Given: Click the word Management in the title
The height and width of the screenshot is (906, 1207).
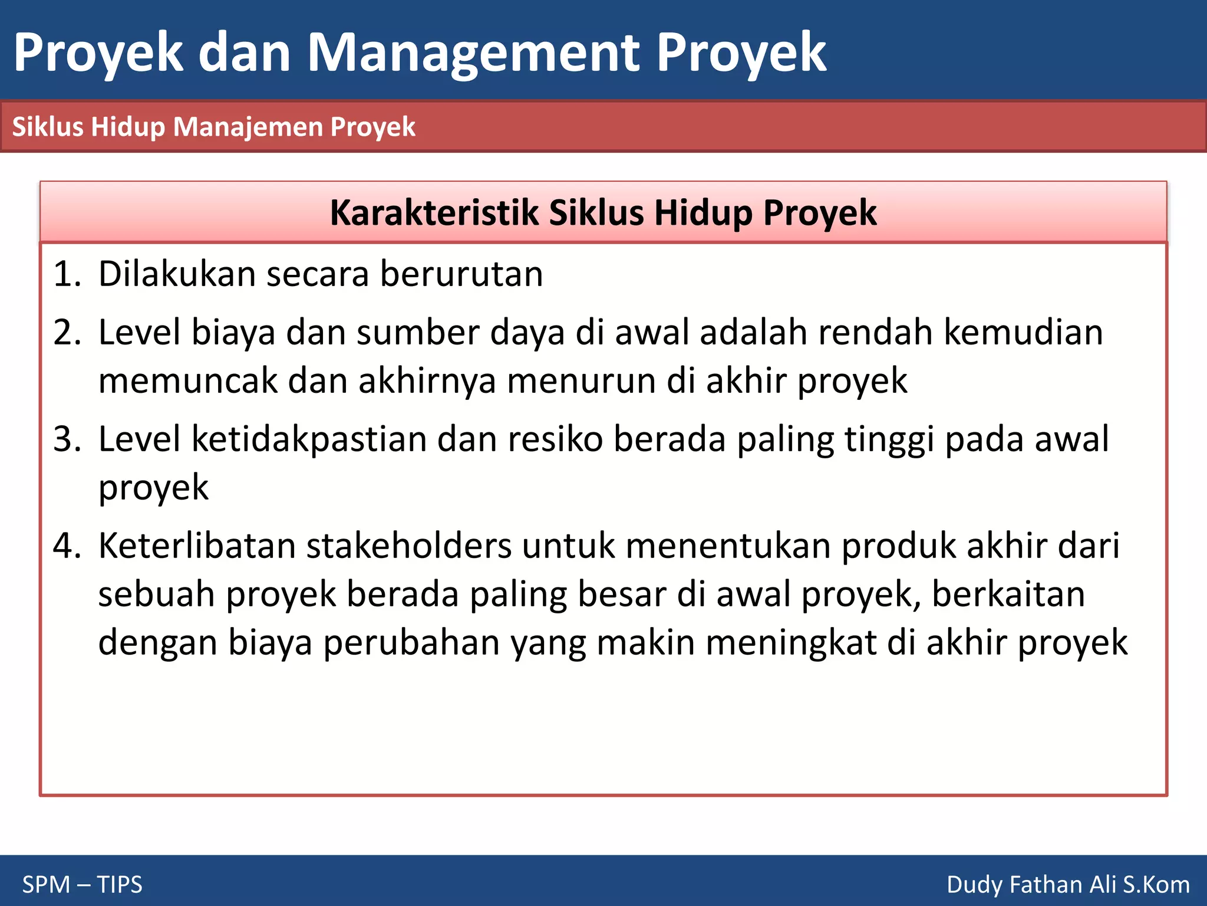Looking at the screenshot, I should point(473,53).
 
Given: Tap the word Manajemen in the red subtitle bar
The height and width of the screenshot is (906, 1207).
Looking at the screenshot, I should point(250,127).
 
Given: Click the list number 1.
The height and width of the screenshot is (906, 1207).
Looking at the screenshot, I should point(67,274).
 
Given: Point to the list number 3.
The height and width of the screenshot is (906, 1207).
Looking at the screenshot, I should point(67,439).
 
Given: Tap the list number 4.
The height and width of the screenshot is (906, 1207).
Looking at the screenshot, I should point(67,546).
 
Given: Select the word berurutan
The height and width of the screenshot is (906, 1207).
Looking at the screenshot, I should point(461,274).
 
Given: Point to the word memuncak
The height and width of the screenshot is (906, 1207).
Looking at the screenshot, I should point(188,380).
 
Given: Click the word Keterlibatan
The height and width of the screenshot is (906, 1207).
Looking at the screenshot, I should point(197,546).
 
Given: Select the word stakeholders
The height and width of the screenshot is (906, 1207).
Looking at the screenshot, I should point(409,546).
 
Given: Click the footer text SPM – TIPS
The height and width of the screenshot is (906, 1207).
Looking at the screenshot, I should point(83,885).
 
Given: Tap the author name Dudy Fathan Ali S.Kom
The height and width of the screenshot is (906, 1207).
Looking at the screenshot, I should point(1068,885).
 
